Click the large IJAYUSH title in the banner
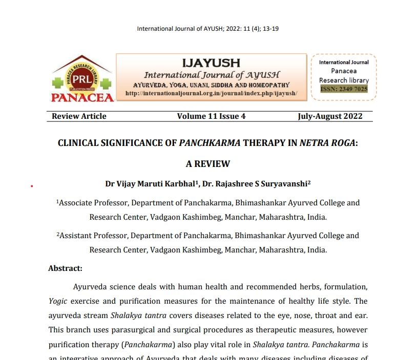tap(211, 63)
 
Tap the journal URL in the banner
tap(211, 93)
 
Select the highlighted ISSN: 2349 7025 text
tap(344, 89)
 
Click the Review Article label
tap(79, 116)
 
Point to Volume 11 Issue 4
tap(211, 116)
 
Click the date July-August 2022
tap(330, 116)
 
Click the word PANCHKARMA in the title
tap(210, 143)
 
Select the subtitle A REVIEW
tap(207, 164)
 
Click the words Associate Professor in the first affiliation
tap(91, 203)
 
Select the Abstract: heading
tap(65, 268)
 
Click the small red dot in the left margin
tap(32, 186)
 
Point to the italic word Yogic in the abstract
tap(58, 301)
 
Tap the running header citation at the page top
tap(207, 29)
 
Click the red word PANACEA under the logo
tap(81, 97)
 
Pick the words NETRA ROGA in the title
tap(327, 143)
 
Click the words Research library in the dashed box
tap(344, 80)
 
